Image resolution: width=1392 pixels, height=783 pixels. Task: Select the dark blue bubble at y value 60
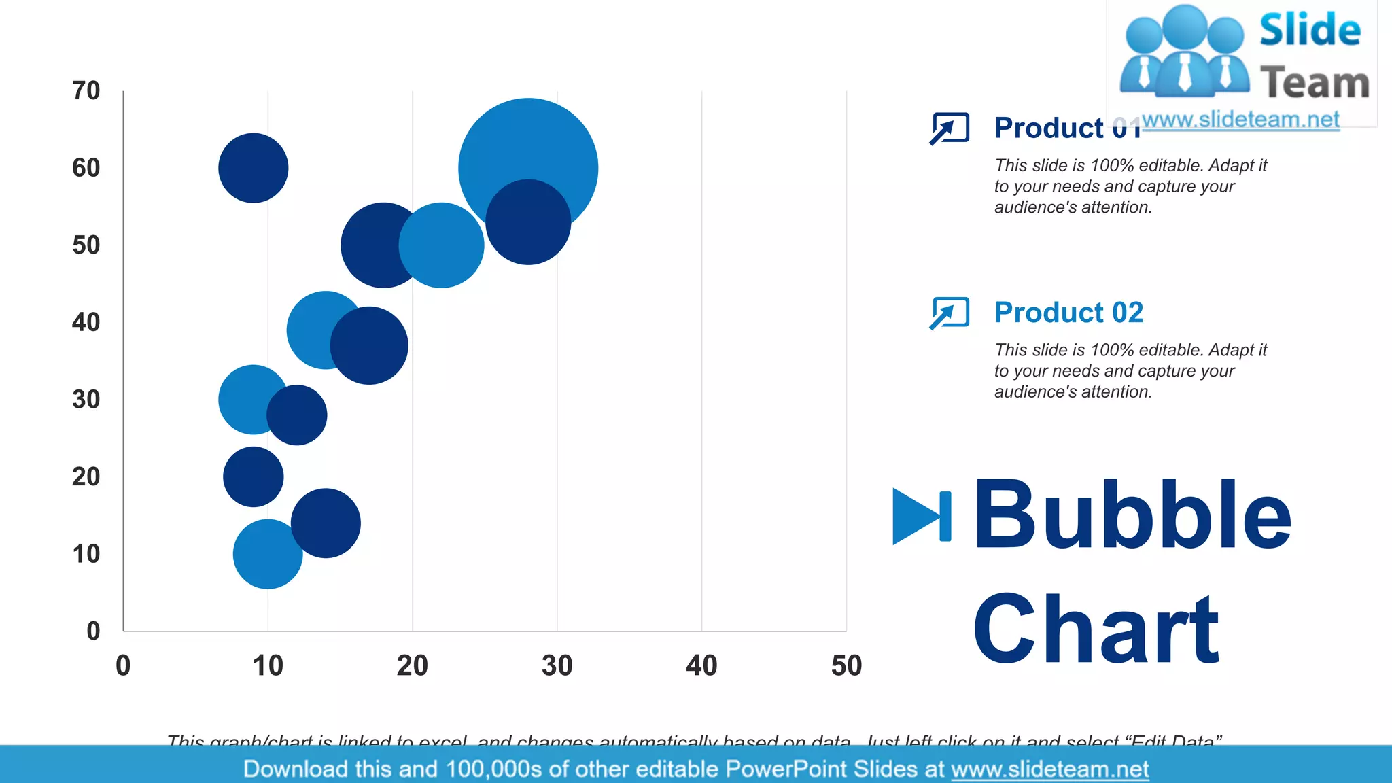click(x=253, y=168)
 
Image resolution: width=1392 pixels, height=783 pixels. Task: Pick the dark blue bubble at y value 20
click(x=253, y=476)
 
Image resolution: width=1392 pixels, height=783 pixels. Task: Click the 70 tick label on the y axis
click(x=86, y=90)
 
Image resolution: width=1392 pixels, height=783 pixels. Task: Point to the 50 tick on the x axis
click(x=846, y=665)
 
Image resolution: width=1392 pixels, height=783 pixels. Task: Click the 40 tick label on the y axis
click(x=86, y=322)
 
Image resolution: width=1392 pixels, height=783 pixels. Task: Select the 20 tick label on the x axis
click(x=412, y=665)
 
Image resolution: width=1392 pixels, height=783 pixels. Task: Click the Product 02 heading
click(x=1068, y=313)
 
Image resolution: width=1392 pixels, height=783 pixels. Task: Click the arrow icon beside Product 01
click(x=949, y=128)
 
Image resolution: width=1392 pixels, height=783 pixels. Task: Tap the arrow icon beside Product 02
click(x=949, y=313)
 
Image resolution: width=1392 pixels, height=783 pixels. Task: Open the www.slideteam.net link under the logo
click(x=1240, y=120)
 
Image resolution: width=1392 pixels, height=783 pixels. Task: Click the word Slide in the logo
click(x=1310, y=30)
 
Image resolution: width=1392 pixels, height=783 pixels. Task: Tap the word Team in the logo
click(x=1315, y=83)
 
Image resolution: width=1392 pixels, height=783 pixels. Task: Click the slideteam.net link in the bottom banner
click(x=1049, y=769)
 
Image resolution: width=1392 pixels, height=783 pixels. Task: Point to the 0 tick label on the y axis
click(x=93, y=631)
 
